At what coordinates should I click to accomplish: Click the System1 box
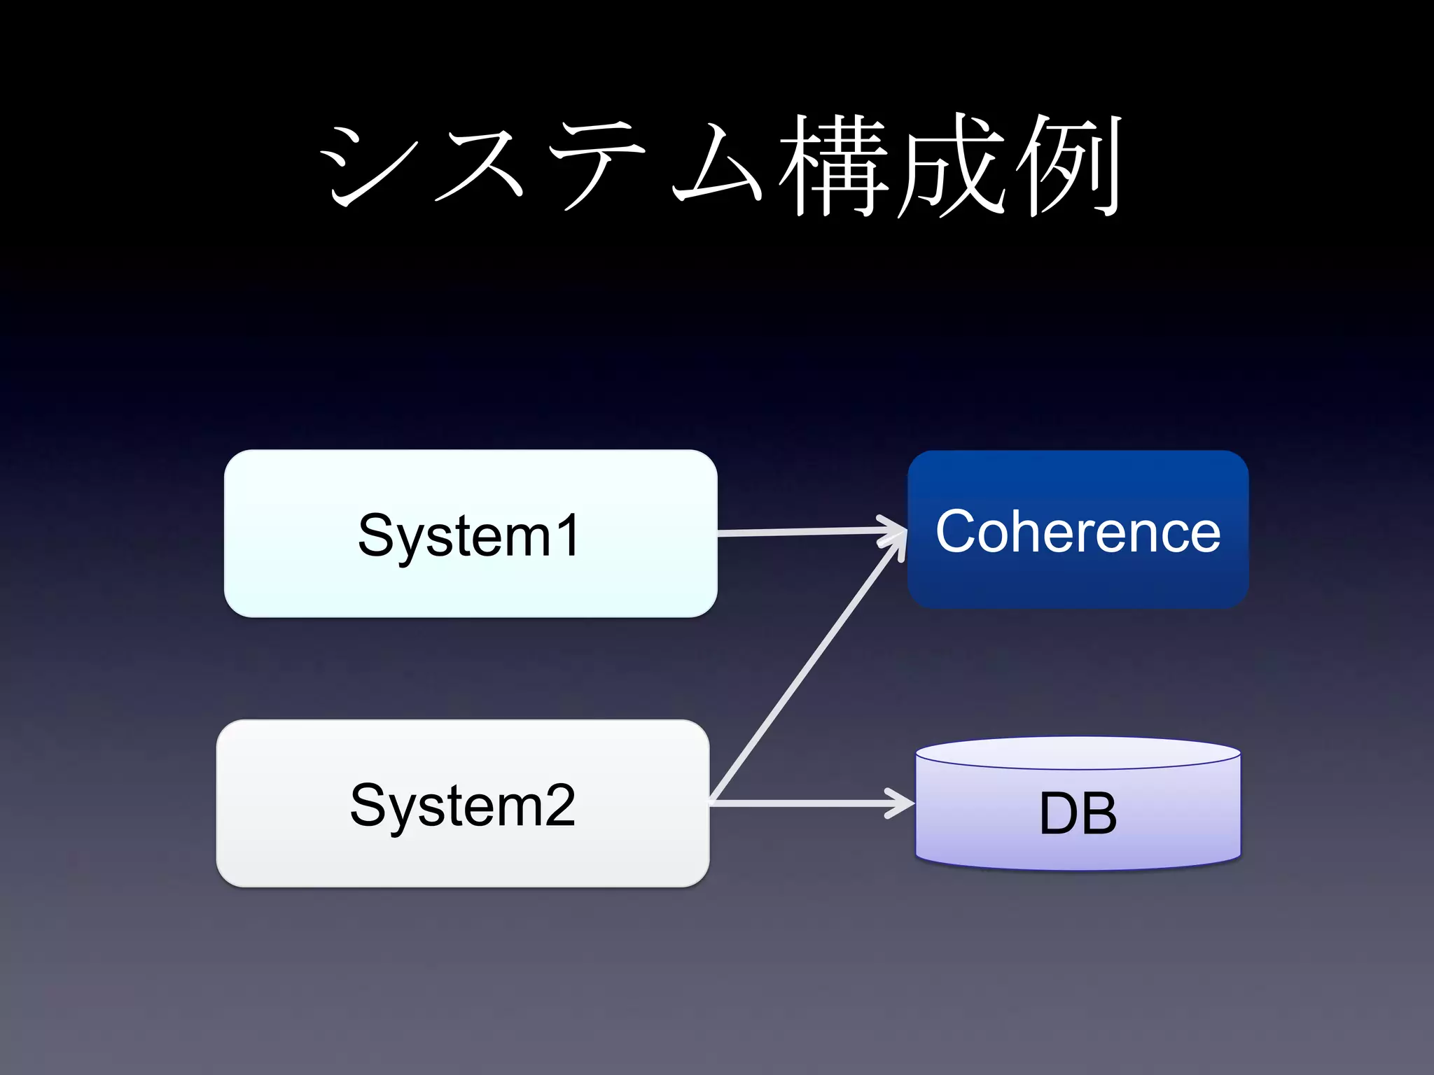pyautogui.click(x=471, y=533)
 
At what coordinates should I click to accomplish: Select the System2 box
pyautogui.click(x=463, y=803)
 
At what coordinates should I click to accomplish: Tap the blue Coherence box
pyautogui.click(x=1078, y=530)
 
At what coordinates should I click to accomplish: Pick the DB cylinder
pyautogui.click(x=1078, y=812)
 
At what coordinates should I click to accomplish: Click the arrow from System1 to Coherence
pyautogui.click(x=805, y=532)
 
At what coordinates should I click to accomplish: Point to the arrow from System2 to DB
pyautogui.click(x=805, y=803)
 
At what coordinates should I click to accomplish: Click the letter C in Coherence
pyautogui.click(x=960, y=531)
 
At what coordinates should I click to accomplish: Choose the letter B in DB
pyautogui.click(x=1099, y=813)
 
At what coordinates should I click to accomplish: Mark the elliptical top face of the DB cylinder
pyautogui.click(x=1078, y=753)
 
